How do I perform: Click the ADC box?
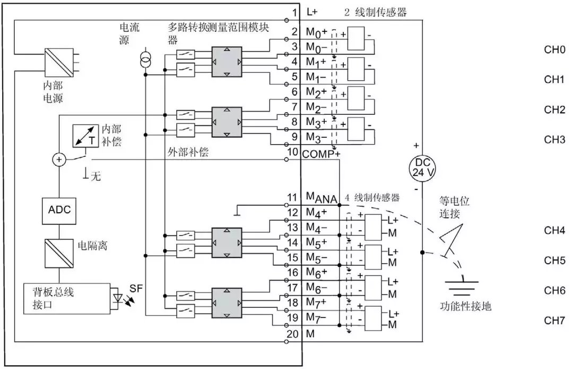(59, 209)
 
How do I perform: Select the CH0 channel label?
(554, 50)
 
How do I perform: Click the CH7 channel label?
(554, 321)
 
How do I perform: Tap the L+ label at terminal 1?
(312, 12)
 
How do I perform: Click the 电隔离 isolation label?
(87, 245)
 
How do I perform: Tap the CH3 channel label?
(554, 140)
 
